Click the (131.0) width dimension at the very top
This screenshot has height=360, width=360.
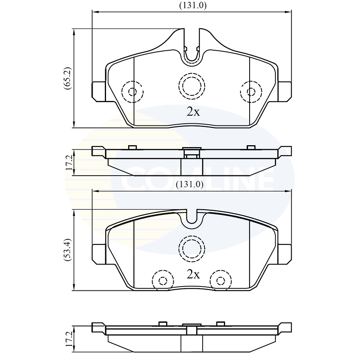coord(193,6)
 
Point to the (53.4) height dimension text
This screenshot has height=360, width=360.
coord(68,249)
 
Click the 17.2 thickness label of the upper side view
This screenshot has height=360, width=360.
coord(69,163)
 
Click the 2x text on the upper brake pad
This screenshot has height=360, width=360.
coord(193,112)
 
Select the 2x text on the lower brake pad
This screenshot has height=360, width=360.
coord(193,274)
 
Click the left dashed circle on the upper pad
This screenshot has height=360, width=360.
coord(132,92)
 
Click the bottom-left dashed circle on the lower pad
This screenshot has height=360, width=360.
coord(163,280)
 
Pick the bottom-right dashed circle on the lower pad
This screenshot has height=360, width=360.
coord(220,280)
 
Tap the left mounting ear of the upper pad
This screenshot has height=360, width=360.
coord(99,91)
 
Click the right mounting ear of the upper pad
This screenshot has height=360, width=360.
coord(285,91)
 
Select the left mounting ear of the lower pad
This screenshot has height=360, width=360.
coord(99,254)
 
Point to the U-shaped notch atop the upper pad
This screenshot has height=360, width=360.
coord(192,51)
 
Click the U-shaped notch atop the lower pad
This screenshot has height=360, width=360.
coord(192,218)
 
